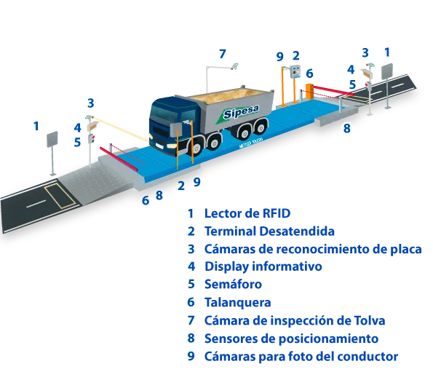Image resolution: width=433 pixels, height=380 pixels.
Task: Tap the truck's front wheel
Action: click(x=196, y=149)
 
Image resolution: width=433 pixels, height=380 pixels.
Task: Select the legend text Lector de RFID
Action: click(x=247, y=213)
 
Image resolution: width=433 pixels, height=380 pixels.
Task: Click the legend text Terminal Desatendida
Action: click(x=269, y=231)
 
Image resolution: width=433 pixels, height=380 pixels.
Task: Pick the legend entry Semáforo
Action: click(x=233, y=284)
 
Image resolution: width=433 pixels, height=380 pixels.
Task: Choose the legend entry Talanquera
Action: click(x=237, y=302)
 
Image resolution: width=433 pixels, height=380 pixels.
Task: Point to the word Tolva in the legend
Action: click(x=370, y=320)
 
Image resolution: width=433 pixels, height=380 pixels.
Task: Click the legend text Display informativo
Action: click(x=263, y=266)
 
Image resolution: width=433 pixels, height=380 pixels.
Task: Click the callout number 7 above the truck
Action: click(x=222, y=54)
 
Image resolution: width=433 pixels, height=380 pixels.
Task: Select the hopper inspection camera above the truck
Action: click(x=234, y=66)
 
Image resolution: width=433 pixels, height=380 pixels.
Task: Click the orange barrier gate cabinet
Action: click(x=309, y=91)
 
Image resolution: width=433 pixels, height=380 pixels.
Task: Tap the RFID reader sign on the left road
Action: click(x=52, y=139)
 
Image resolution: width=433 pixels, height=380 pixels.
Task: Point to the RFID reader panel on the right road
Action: click(x=387, y=71)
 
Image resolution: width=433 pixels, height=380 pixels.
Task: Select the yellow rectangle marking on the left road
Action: click(x=60, y=196)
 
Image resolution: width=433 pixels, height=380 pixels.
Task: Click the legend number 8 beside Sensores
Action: click(x=191, y=338)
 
